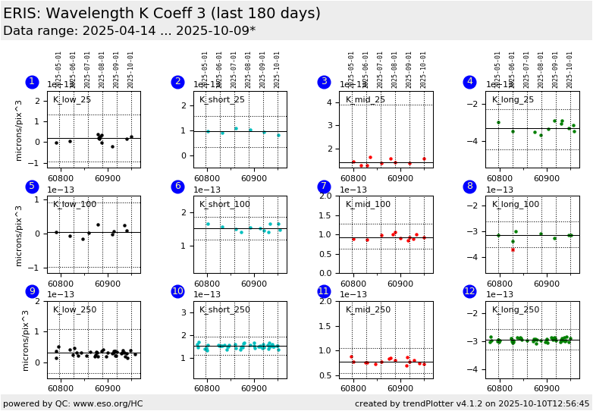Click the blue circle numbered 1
click(x=31, y=82)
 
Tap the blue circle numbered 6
click(x=177, y=187)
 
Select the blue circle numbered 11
click(x=324, y=291)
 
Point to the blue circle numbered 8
click(x=470, y=187)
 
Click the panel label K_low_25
click(x=72, y=100)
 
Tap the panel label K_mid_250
click(x=368, y=309)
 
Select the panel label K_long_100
click(x=516, y=205)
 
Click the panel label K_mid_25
click(x=366, y=100)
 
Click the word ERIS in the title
click(x=20, y=14)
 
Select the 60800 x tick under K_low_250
click(x=61, y=387)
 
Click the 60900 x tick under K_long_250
click(x=546, y=387)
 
